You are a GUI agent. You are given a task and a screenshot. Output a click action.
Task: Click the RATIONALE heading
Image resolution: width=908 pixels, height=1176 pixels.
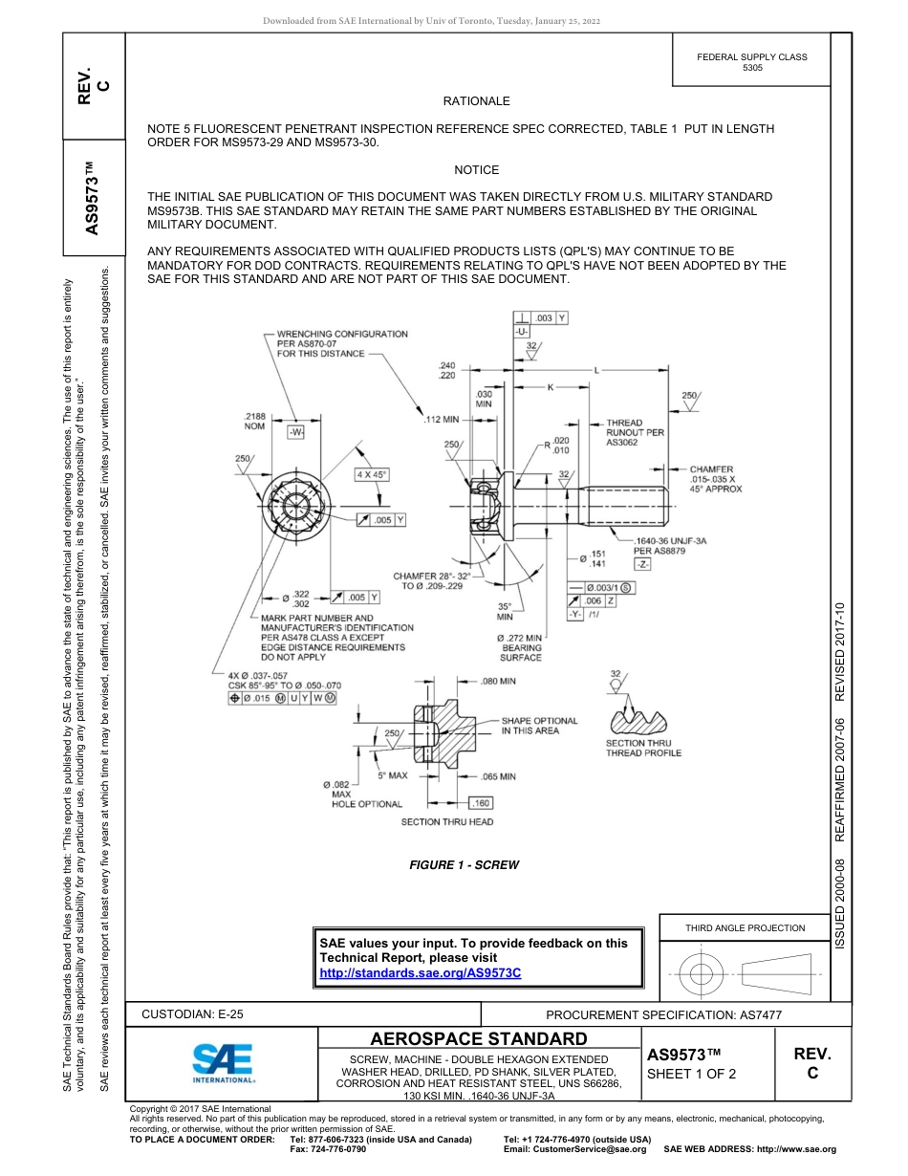click(476, 101)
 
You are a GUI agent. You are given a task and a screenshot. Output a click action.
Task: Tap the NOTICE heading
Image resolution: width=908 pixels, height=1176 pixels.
click(476, 170)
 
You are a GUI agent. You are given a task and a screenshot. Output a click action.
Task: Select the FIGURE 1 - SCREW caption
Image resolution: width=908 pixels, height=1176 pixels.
click(464, 865)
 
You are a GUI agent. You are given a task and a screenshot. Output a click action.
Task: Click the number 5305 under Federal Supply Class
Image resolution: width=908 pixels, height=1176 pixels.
click(752, 69)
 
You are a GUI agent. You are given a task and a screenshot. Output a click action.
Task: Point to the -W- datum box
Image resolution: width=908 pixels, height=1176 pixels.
click(295, 431)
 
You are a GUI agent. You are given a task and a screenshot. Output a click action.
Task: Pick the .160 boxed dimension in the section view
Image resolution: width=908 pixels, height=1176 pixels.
click(481, 803)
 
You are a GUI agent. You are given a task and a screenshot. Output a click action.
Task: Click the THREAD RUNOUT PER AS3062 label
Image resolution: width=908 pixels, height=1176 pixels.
click(636, 432)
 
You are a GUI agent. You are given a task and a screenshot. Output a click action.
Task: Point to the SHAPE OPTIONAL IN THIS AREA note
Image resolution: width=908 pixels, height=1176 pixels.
click(539, 726)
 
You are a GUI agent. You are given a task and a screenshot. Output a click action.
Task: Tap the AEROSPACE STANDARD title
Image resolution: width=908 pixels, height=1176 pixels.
click(479, 1039)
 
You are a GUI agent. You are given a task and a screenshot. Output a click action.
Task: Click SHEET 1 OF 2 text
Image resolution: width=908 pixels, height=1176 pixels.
click(690, 1074)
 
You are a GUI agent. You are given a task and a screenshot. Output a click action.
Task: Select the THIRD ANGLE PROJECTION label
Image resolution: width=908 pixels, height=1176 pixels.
click(745, 927)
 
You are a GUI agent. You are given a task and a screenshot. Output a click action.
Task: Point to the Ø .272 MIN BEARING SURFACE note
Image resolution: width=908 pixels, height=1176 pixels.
click(521, 647)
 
